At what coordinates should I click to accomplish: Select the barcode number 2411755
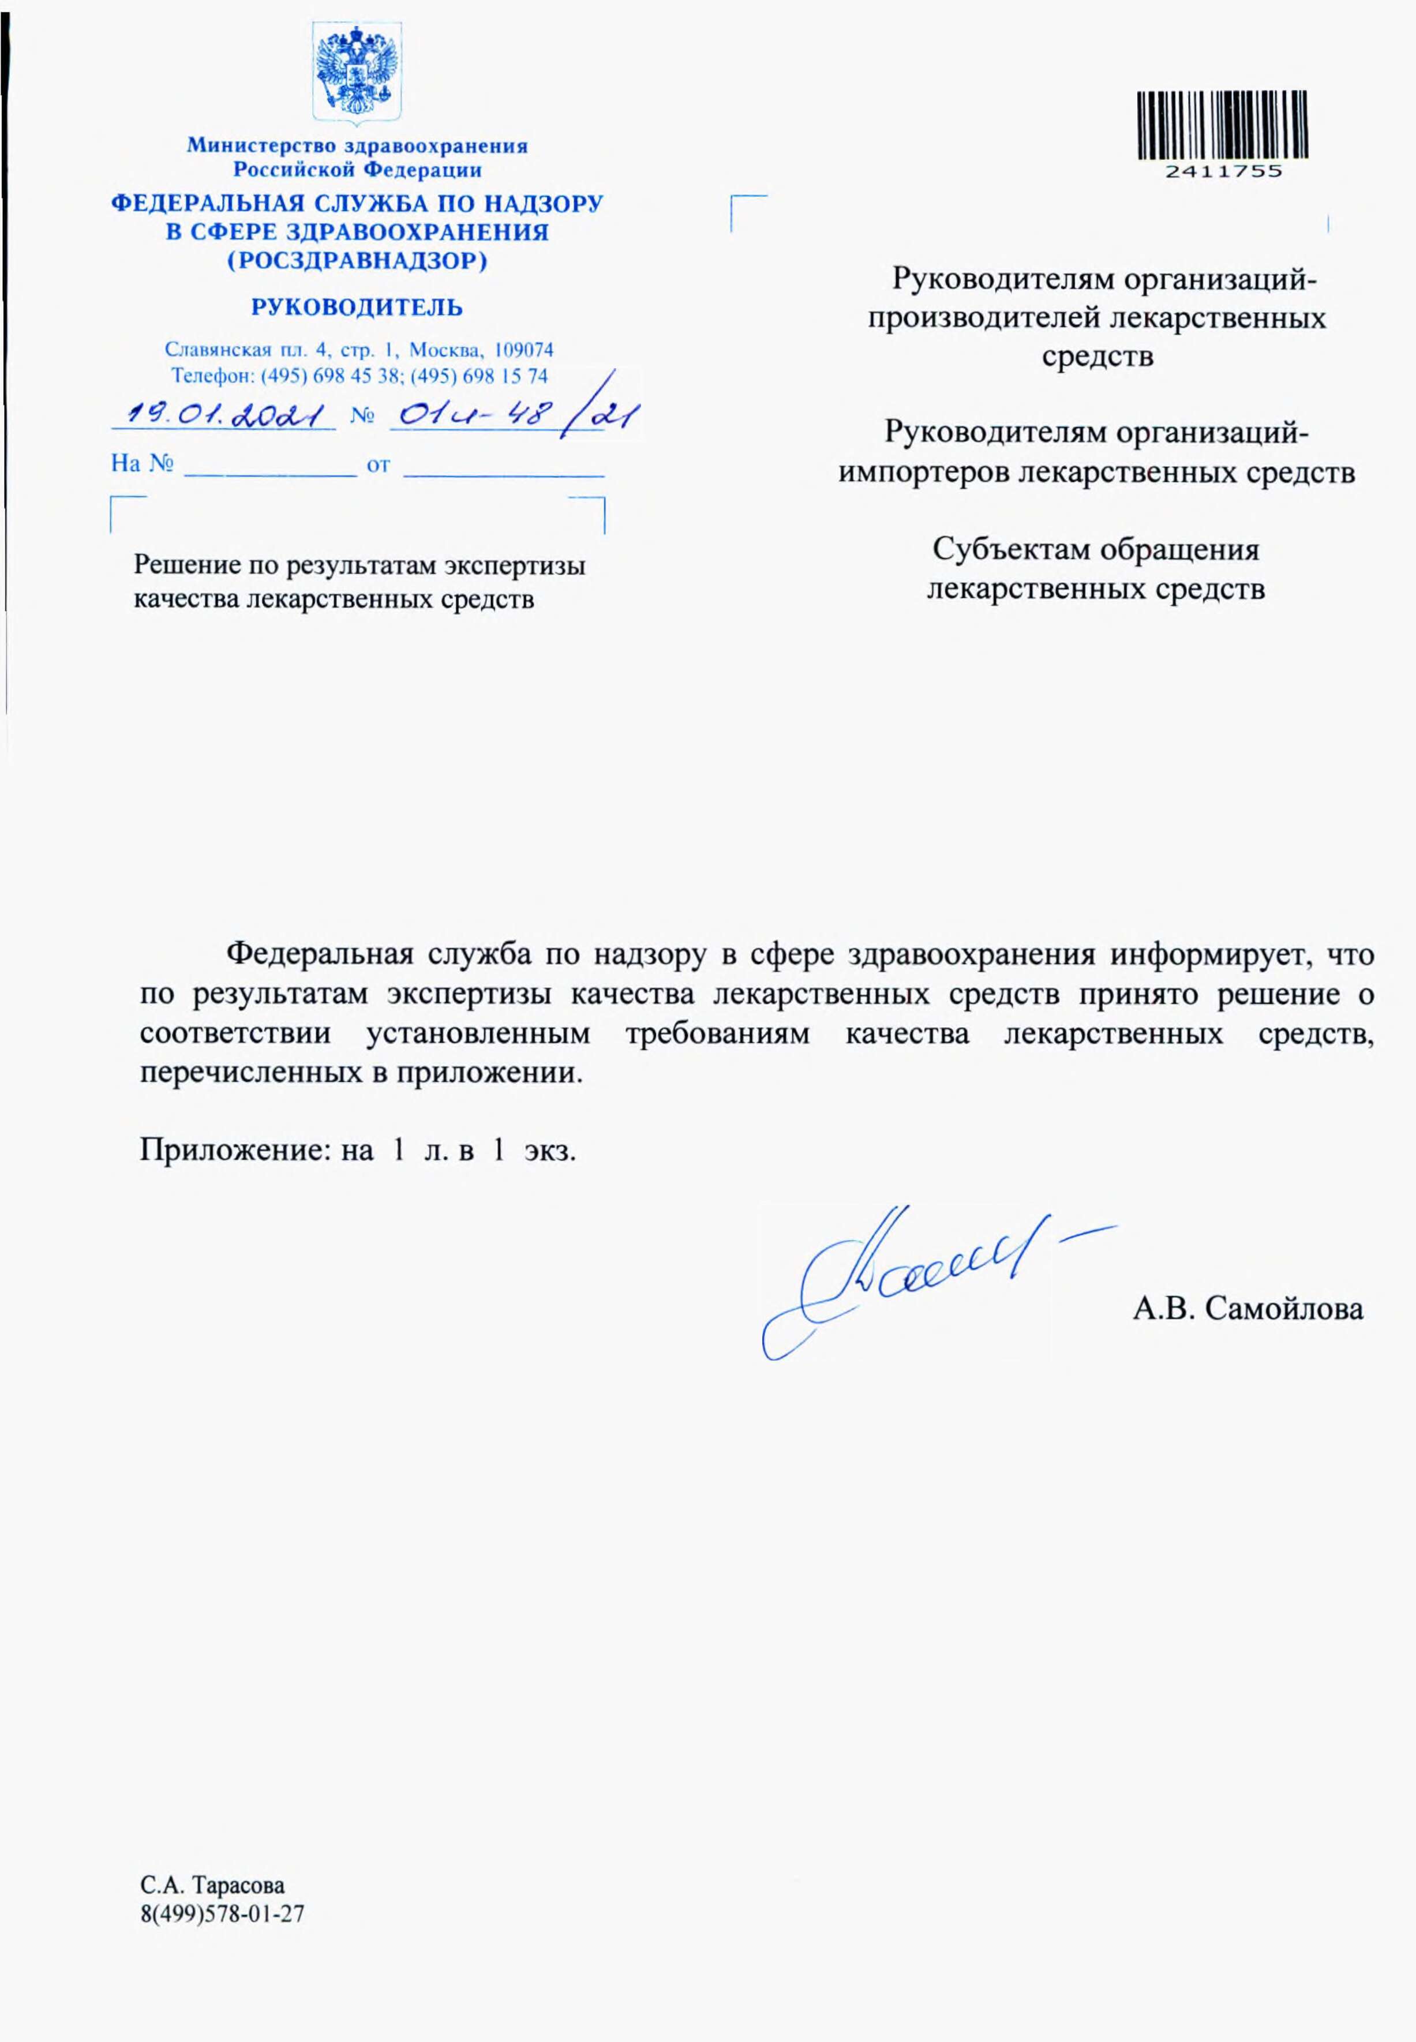pyautogui.click(x=1223, y=171)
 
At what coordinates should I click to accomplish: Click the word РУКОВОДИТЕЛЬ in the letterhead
pyautogui.click(x=357, y=308)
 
